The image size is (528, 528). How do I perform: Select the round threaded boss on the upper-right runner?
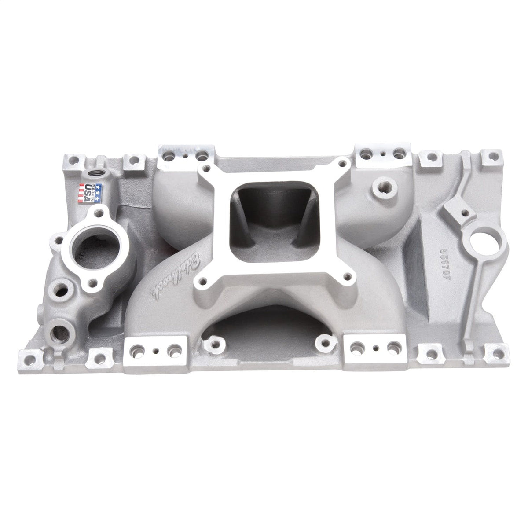pyautogui.click(x=378, y=190)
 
